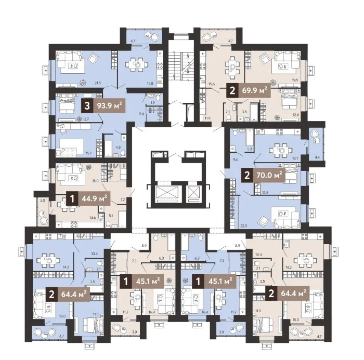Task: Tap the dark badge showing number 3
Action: pyautogui.click(x=88, y=107)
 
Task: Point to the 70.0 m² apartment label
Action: pyautogui.click(x=269, y=175)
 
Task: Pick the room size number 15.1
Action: pyautogui.click(x=88, y=153)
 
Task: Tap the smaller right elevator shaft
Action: pyautogui.click(x=193, y=193)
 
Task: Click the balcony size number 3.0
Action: pyautogui.click(x=43, y=199)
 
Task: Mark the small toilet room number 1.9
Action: pyautogui.click(x=152, y=103)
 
